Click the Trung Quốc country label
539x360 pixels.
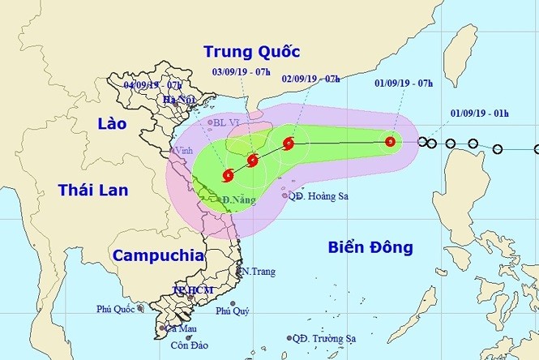pyautogui.click(x=251, y=53)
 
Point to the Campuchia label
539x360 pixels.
pyautogui.click(x=158, y=255)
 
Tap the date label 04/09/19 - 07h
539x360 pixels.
pyautogui.click(x=152, y=84)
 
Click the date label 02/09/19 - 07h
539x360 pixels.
pyautogui.click(x=310, y=79)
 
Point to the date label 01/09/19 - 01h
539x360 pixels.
pyautogui.click(x=478, y=114)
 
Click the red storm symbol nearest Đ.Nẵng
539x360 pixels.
pyautogui.click(x=228, y=174)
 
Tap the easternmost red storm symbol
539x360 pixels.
pyautogui.click(x=391, y=142)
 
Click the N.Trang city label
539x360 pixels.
pyautogui.click(x=258, y=271)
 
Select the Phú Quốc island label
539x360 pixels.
pyautogui.click(x=115, y=309)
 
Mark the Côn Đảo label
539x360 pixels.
pyautogui.click(x=188, y=345)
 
